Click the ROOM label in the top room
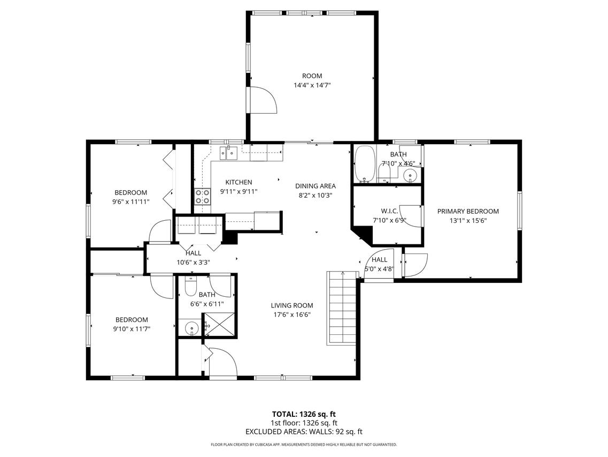pyautogui.click(x=312, y=76)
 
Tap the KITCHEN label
pyautogui.click(x=238, y=182)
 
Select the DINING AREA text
pyautogui.click(x=315, y=186)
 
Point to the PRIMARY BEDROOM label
pyautogui.click(x=468, y=211)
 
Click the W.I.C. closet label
pyautogui.click(x=388, y=211)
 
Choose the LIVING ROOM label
pyautogui.click(x=291, y=305)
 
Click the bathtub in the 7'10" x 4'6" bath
pyautogui.click(x=365, y=164)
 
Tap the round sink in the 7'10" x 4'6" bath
pyautogui.click(x=410, y=174)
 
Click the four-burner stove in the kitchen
pyautogui.click(x=202, y=197)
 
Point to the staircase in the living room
pyautogui.click(x=341, y=308)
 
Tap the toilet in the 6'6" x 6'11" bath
pyautogui.click(x=191, y=288)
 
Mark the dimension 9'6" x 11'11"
pyautogui.click(x=130, y=202)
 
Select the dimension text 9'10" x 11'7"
pyautogui.click(x=131, y=329)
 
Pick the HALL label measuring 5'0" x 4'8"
pyautogui.click(x=379, y=260)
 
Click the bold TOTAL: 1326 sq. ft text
pyautogui.click(x=304, y=414)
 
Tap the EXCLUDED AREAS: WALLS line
pyautogui.click(x=304, y=431)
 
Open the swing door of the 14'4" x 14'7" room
pyautogui.click(x=263, y=99)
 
